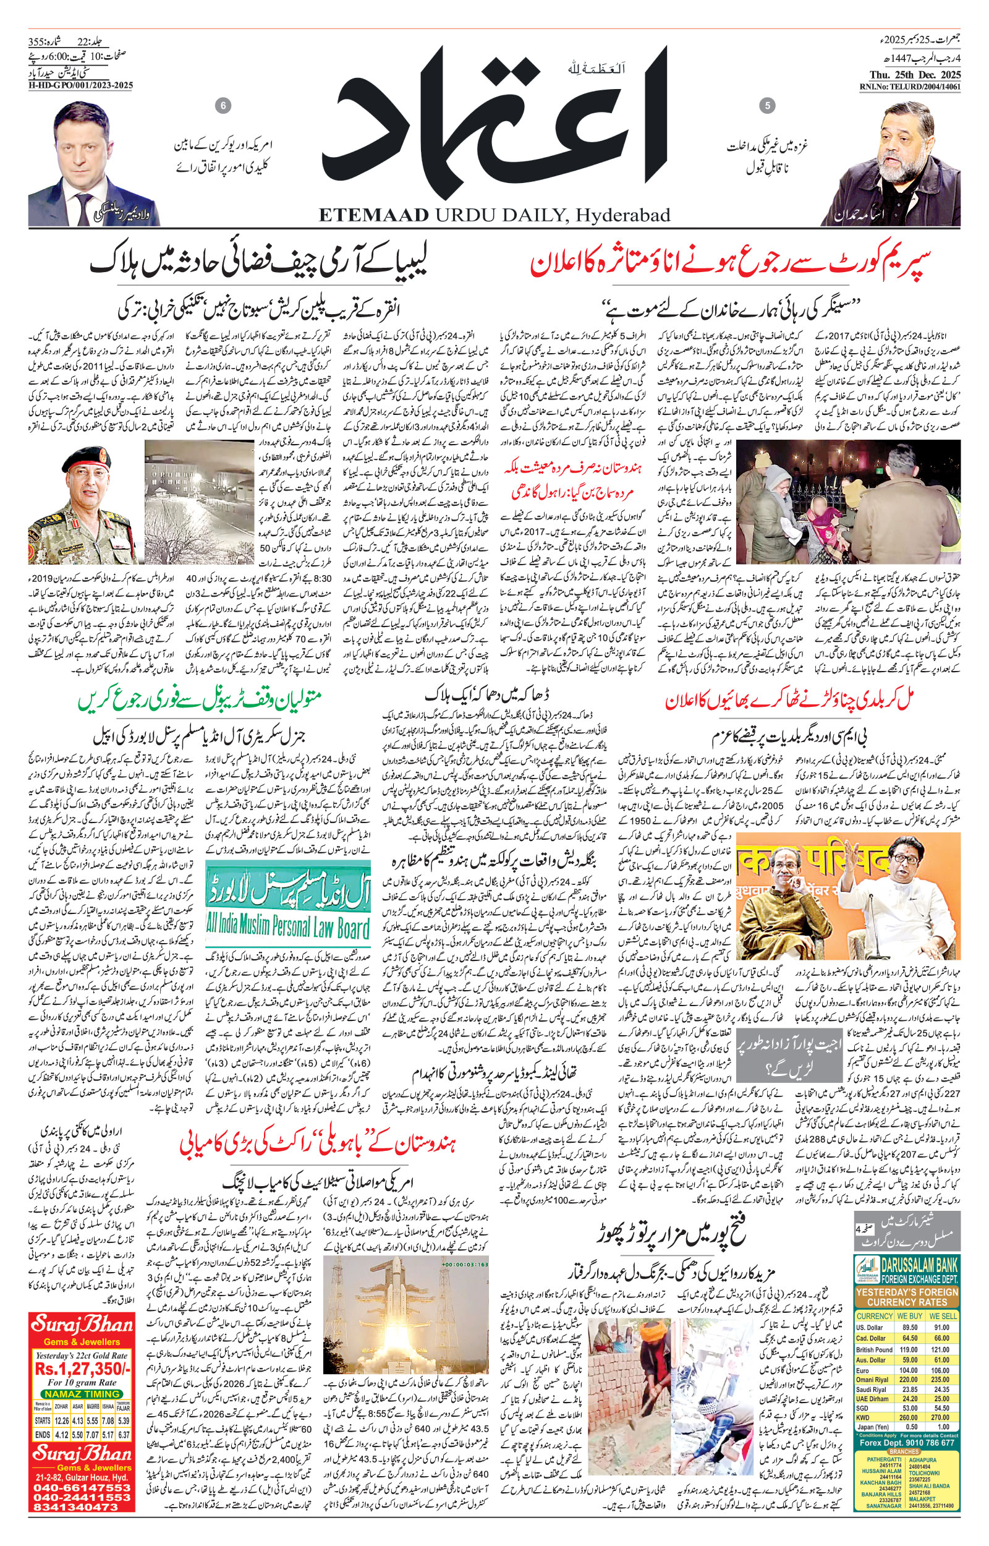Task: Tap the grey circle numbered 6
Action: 224,105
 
